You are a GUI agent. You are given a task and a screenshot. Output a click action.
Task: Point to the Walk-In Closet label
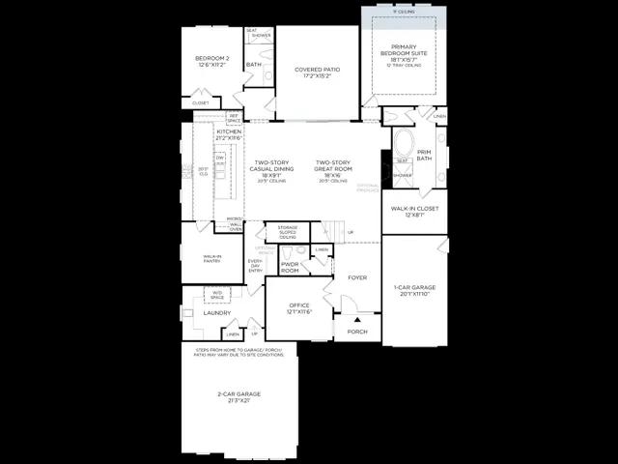coord(414,210)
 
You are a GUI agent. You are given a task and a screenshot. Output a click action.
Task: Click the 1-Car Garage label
coord(414,289)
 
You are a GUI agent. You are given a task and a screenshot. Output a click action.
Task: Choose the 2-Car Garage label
coord(238,396)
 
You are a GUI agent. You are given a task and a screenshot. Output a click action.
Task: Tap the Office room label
coord(298,308)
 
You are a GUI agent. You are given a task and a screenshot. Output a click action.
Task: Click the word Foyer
coord(357,277)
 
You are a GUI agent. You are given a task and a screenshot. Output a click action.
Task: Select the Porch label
coord(357,331)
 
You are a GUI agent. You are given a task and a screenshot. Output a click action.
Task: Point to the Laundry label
coord(217,312)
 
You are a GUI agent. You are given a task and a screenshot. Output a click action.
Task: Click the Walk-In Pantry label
coord(212,259)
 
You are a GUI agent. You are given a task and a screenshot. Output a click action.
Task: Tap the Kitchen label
coord(215,134)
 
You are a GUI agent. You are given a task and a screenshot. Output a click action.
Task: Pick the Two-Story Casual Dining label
coord(272,168)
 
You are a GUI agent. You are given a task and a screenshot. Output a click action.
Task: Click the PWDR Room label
coord(290,268)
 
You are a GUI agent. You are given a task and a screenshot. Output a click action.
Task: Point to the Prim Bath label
coord(424,156)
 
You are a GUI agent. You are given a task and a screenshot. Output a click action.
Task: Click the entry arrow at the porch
coord(356,320)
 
